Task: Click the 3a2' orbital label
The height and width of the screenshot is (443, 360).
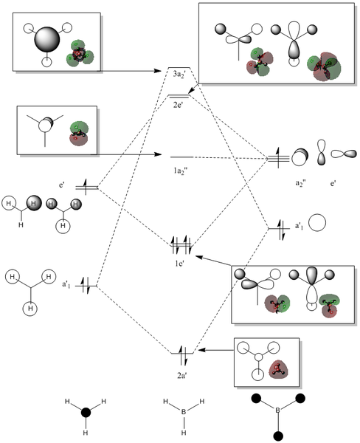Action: click(179, 75)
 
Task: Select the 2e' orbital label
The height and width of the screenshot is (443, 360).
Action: click(179, 106)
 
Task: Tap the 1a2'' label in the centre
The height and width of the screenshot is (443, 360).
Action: click(181, 171)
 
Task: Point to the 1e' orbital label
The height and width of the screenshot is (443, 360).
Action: click(179, 264)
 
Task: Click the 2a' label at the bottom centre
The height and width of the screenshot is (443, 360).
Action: click(182, 376)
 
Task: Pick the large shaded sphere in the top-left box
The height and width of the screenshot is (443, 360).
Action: click(47, 40)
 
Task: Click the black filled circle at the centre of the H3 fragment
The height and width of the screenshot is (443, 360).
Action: click(86, 413)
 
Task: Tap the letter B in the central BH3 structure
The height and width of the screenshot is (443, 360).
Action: click(184, 412)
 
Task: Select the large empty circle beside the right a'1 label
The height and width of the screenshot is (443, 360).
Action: click(316, 223)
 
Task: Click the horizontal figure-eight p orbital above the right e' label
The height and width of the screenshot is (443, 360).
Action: click(344, 154)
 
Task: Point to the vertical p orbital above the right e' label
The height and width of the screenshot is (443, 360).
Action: click(321, 152)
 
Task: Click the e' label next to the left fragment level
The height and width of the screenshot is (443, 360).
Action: click(61, 185)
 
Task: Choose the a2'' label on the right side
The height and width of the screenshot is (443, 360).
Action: click(301, 183)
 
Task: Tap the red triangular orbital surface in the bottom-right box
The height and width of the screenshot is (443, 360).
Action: click(278, 371)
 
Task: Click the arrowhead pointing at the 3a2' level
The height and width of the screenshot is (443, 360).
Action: click(157, 70)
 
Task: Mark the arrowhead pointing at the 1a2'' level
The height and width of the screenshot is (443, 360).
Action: click(158, 154)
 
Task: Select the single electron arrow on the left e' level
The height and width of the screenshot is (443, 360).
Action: click(86, 187)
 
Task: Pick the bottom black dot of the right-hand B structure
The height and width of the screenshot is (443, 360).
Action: click(278, 436)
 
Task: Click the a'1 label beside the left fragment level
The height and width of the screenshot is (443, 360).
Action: click(66, 284)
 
